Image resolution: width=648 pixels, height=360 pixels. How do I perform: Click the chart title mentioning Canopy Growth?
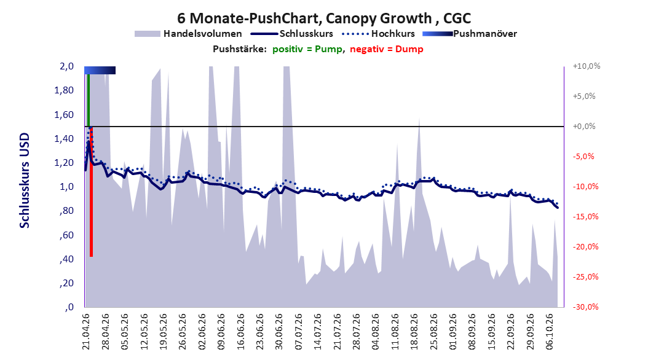(x=324, y=18)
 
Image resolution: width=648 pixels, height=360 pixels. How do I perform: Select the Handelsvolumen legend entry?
(x=188, y=34)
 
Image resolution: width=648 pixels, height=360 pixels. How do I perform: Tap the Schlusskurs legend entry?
(x=292, y=34)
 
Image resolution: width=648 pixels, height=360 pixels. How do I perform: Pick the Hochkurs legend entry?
(x=378, y=34)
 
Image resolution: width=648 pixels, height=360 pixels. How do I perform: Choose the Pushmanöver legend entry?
(x=470, y=34)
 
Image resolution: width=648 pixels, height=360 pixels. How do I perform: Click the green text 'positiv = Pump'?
(x=307, y=49)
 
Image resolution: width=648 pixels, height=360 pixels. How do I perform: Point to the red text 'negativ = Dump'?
(x=387, y=49)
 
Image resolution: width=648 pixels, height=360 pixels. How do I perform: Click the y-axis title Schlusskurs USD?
(x=25, y=180)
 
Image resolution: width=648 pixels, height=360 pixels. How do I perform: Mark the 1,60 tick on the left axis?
(x=64, y=114)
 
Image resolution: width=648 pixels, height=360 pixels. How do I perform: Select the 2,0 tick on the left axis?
(x=66, y=66)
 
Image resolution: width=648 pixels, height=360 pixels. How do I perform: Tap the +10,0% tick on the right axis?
(x=587, y=66)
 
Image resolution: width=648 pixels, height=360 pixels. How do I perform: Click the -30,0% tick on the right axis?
(x=585, y=307)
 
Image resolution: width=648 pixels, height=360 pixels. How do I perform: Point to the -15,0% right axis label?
(x=585, y=216)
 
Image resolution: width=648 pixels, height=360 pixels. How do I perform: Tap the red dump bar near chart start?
(x=92, y=192)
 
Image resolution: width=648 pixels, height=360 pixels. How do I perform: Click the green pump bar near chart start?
(x=88, y=100)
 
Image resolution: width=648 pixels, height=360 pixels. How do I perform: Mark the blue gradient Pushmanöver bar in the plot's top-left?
(x=100, y=70)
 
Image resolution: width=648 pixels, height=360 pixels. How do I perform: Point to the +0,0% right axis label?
(x=584, y=127)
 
